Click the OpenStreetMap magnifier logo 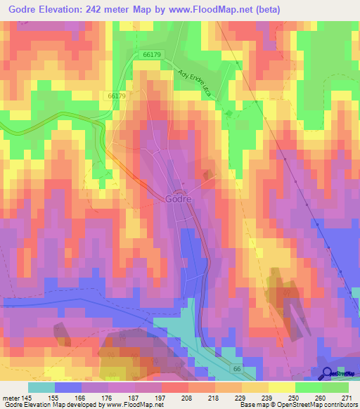[x=326, y=375]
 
